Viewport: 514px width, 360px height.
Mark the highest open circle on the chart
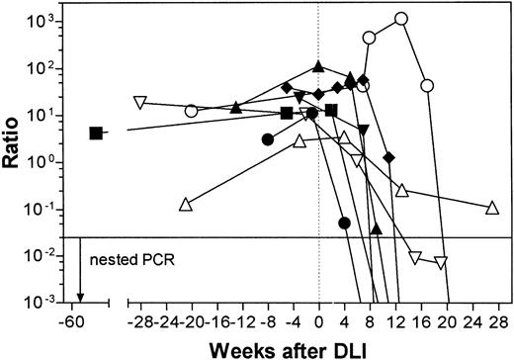(x=401, y=18)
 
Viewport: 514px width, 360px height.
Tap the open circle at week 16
(x=427, y=86)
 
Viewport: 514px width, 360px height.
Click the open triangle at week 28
(x=492, y=208)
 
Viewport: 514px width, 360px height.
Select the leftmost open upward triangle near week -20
(x=185, y=205)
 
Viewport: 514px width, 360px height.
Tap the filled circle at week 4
(x=344, y=223)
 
